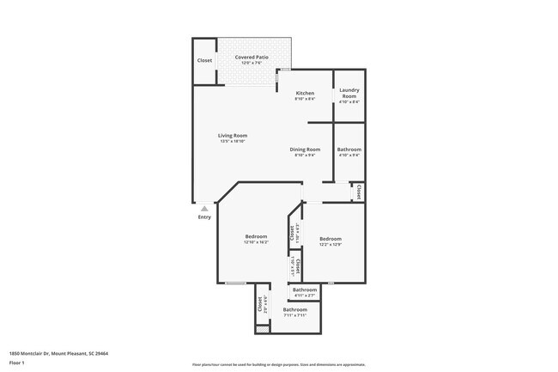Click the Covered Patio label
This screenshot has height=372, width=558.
[252, 57]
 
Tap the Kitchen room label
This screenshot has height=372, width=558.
[305, 93]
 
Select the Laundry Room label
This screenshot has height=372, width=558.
[349, 93]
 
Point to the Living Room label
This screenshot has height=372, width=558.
[232, 135]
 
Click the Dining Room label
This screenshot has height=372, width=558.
[305, 149]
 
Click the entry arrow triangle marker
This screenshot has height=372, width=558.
[204, 208]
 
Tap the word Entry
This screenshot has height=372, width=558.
[204, 216]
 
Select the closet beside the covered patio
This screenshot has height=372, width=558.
[204, 60]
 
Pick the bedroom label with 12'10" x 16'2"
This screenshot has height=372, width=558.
[256, 236]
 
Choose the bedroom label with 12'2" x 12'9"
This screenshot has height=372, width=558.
[331, 239]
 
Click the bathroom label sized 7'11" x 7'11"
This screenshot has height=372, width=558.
[295, 309]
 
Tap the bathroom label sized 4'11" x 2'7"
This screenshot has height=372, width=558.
[306, 290]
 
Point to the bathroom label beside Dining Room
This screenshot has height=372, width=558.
[349, 149]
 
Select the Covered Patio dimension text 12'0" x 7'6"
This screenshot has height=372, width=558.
[252, 63]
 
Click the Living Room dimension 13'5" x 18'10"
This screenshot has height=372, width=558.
[232, 141]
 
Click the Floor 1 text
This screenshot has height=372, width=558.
[16, 363]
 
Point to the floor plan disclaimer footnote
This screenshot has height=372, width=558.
[278, 364]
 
